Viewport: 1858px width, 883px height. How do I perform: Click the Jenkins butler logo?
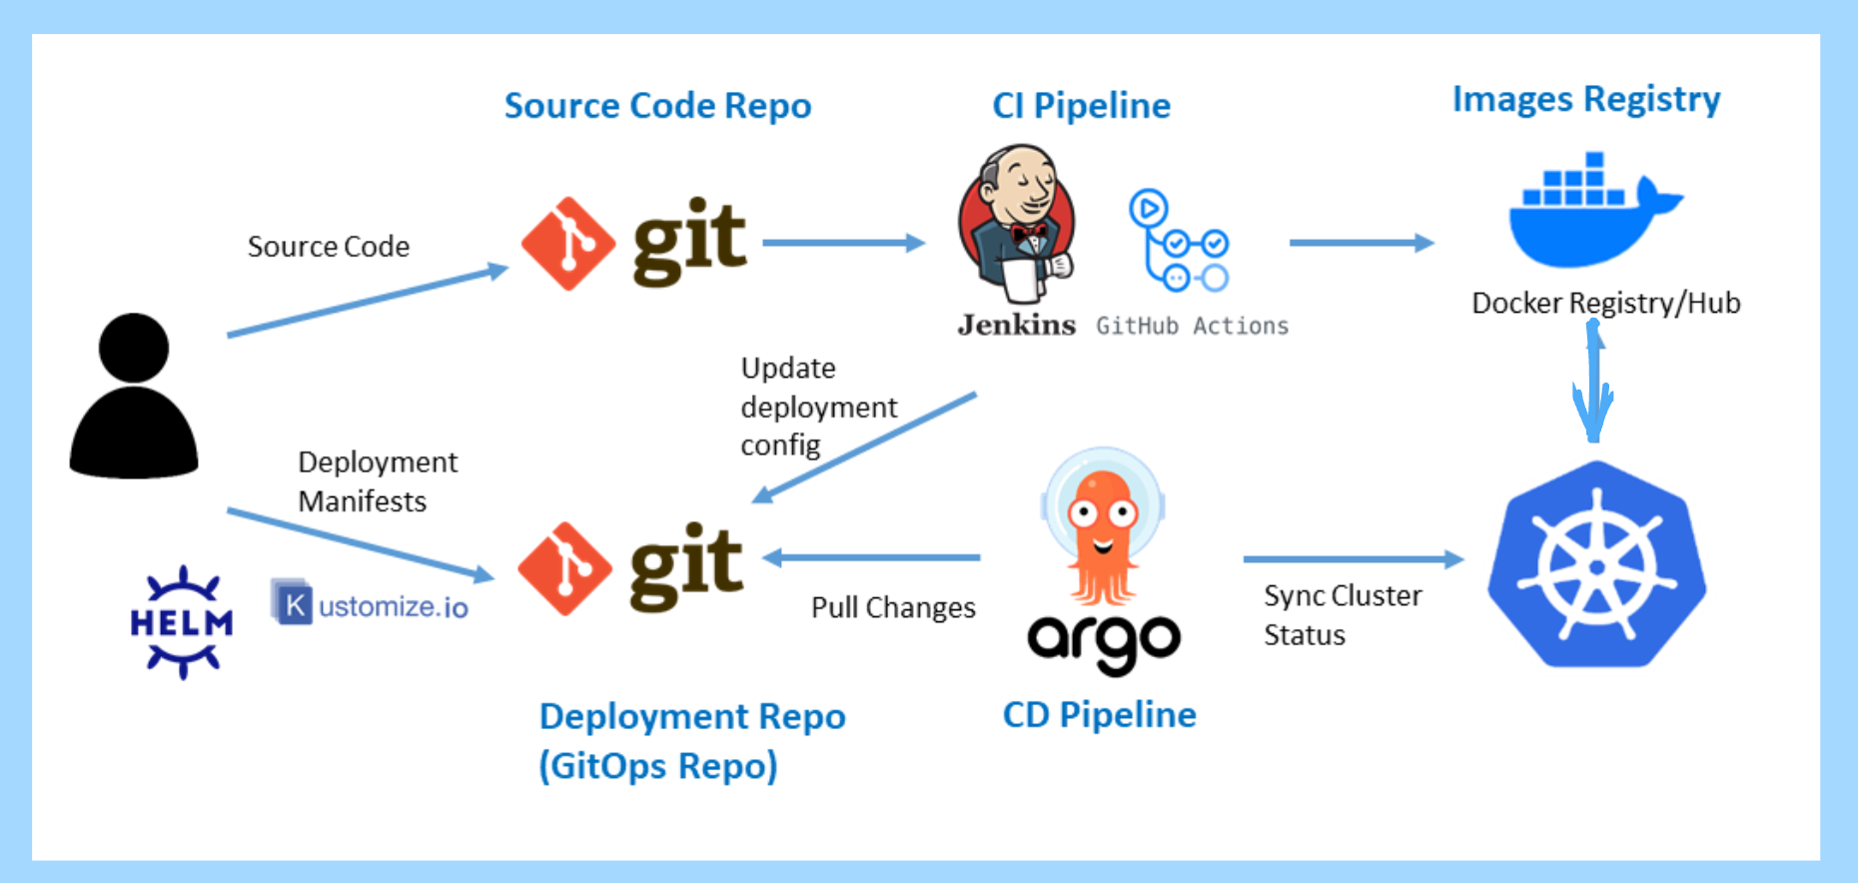coord(1016,224)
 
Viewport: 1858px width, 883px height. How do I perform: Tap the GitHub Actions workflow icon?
coord(1179,241)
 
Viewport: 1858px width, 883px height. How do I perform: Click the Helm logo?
coord(181,622)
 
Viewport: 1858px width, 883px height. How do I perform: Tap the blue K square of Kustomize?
coord(293,603)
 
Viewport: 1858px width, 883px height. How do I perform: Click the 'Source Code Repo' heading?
coord(657,106)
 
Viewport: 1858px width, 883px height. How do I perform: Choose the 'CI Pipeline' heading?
coord(1081,106)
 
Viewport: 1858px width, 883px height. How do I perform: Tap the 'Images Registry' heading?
coord(1585,99)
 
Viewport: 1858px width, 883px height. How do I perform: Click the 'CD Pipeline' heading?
coord(1099,715)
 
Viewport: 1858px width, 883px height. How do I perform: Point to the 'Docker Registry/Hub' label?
coord(1605,303)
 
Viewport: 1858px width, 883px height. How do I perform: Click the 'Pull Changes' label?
coord(893,607)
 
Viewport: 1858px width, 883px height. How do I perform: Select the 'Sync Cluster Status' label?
coord(1342,614)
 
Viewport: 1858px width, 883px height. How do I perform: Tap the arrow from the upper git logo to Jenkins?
coord(843,243)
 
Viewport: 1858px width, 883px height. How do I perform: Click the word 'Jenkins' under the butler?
coord(1016,325)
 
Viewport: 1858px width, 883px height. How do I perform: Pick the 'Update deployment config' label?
coord(818,407)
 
